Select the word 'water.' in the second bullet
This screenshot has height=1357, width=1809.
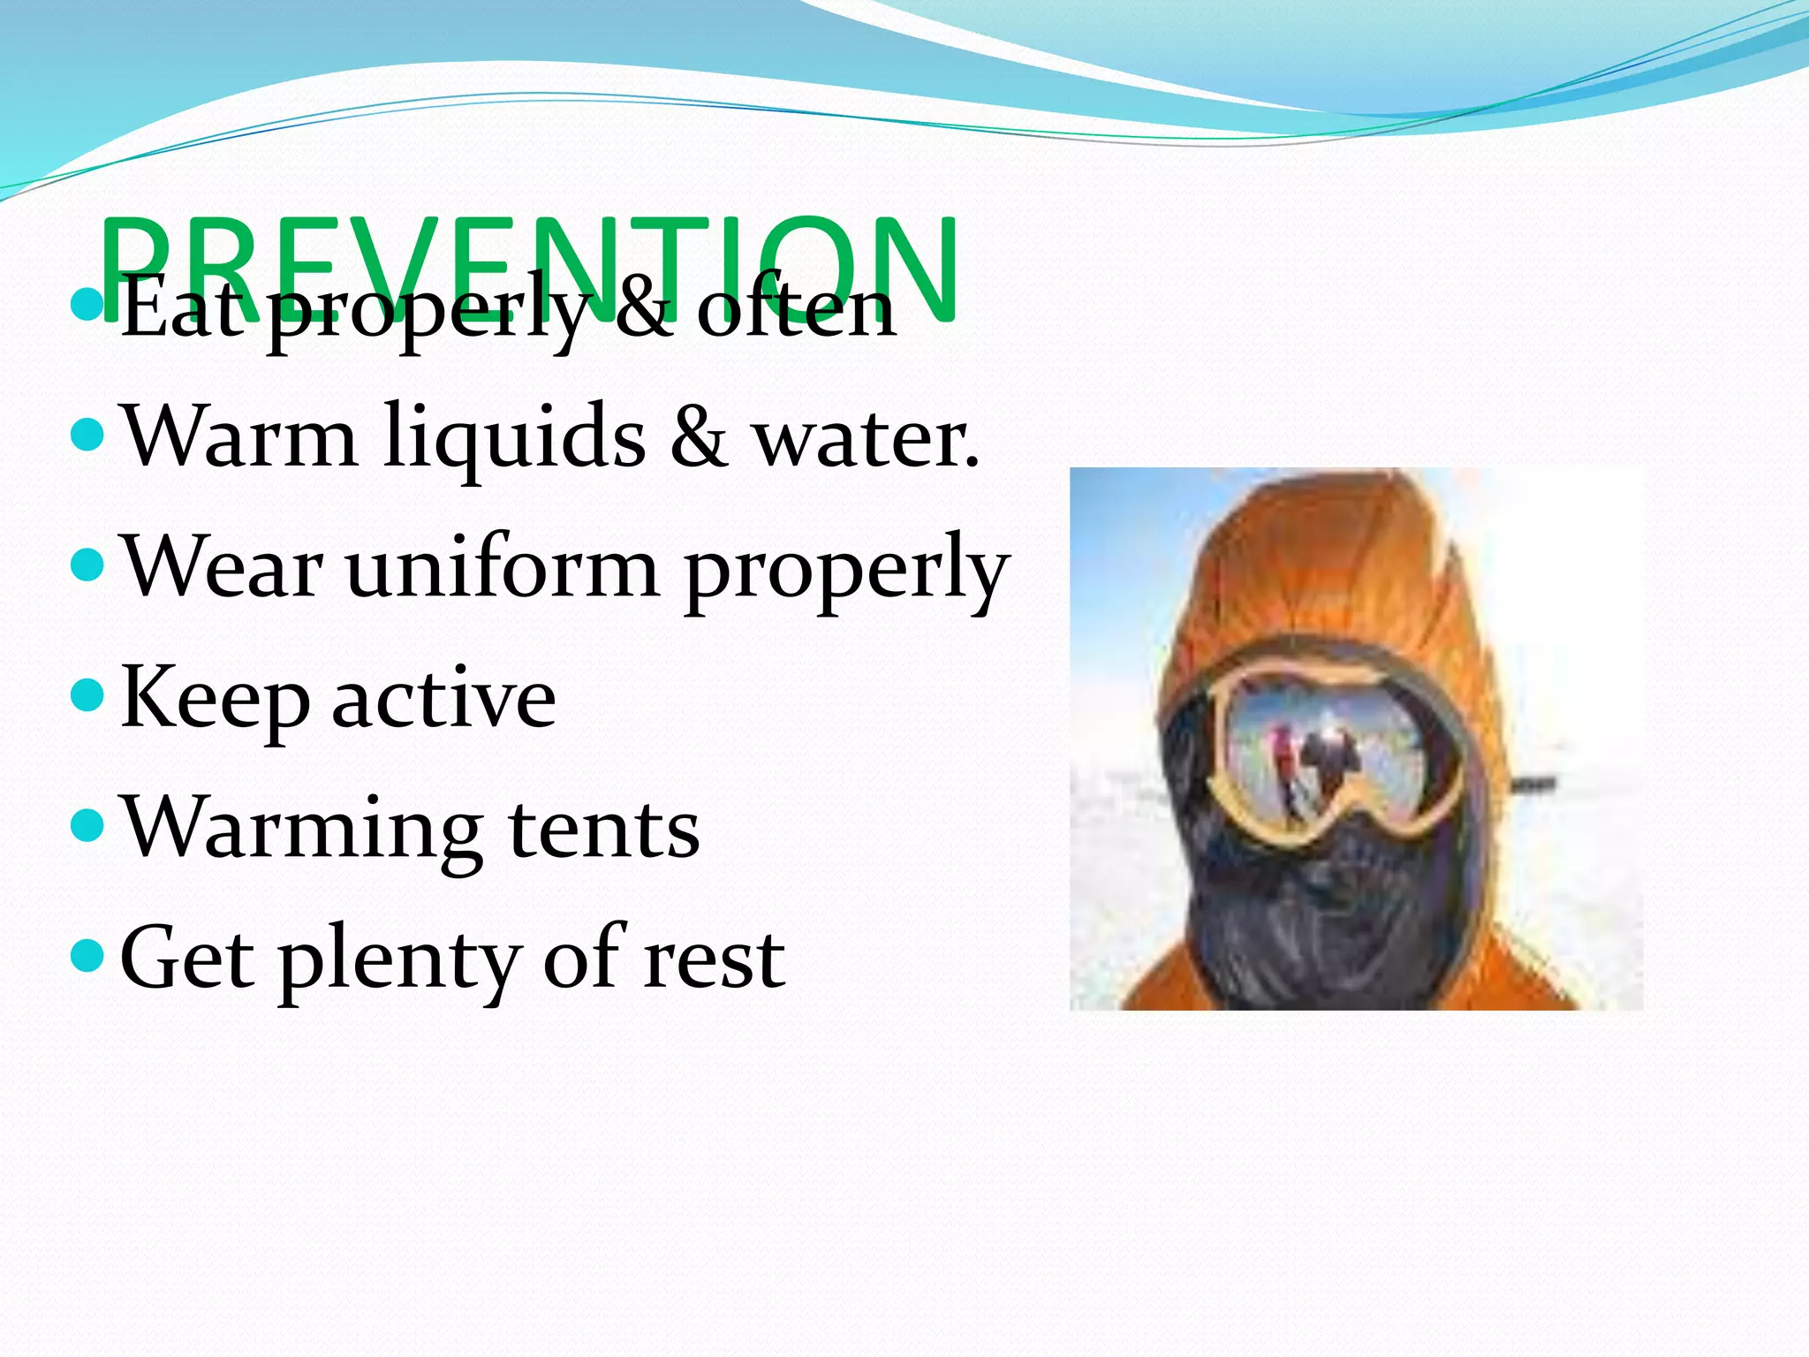point(866,437)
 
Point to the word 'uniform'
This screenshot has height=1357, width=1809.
point(503,568)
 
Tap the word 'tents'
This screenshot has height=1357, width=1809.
point(604,829)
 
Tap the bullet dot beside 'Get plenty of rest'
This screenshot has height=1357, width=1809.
point(87,955)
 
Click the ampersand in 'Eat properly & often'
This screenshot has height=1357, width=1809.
point(643,308)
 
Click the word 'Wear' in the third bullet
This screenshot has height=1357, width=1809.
point(222,568)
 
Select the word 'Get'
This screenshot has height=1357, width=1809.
point(186,959)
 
